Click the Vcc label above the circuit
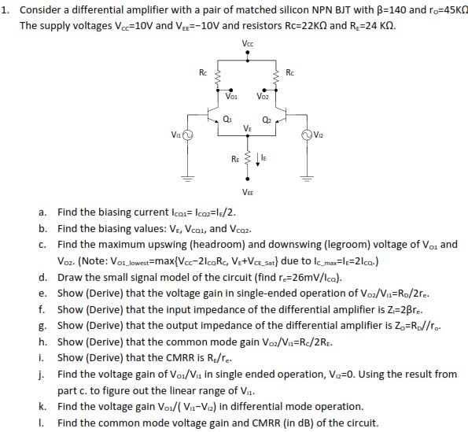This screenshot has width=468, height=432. click(x=248, y=42)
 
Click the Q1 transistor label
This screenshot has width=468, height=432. click(x=227, y=120)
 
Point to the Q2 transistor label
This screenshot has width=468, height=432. click(x=267, y=120)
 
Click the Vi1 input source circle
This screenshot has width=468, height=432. click(x=188, y=135)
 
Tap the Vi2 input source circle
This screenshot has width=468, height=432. click(x=308, y=135)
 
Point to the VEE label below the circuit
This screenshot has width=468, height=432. click(x=248, y=192)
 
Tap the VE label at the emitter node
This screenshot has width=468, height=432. click(x=248, y=128)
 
